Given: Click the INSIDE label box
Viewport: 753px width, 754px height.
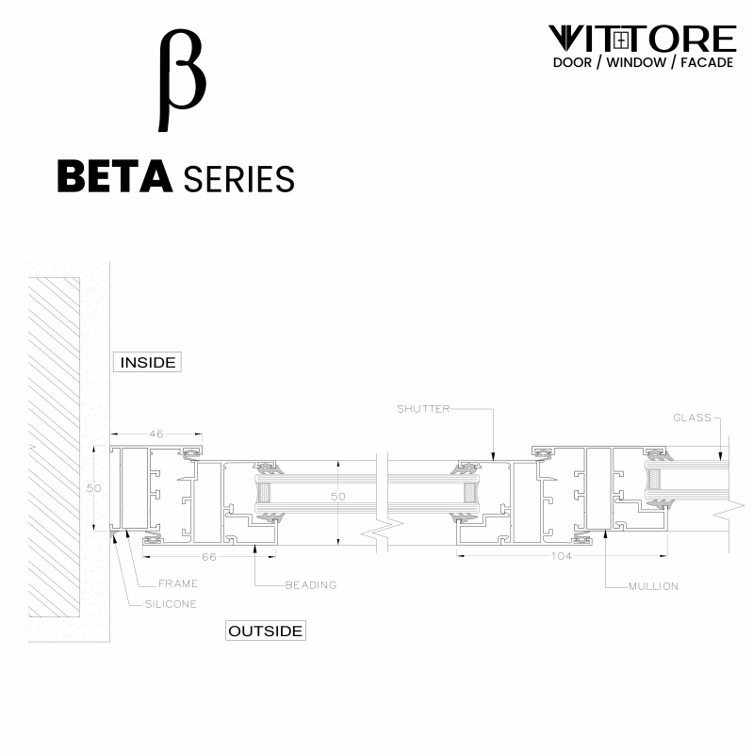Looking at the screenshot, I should (x=148, y=362).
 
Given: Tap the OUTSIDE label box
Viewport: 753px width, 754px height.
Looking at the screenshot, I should (x=266, y=631).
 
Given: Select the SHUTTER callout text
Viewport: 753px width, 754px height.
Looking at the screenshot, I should (x=423, y=409).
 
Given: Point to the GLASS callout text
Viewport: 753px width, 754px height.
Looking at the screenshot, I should (x=691, y=418).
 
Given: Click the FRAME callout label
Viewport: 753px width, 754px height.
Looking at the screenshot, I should (x=178, y=584).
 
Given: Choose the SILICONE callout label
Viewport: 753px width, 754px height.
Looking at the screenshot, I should (x=171, y=604).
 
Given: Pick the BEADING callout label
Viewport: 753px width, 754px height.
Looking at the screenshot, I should (x=311, y=585).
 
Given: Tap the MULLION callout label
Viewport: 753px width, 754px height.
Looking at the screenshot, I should (x=653, y=586).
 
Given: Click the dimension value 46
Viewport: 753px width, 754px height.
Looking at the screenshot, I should (x=156, y=434).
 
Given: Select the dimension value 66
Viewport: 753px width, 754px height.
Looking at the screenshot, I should (x=209, y=557).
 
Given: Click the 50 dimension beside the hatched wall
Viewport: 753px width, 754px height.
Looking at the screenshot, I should (x=93, y=488).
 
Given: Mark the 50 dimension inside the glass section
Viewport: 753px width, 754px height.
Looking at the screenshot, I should (x=337, y=496).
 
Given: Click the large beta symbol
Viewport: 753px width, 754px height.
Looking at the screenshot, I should (x=181, y=80).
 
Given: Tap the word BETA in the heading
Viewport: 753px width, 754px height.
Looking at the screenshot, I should (x=114, y=176).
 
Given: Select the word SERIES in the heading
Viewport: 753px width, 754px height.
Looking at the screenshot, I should (x=238, y=177).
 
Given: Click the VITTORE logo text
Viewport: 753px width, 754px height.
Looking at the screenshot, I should (x=642, y=39).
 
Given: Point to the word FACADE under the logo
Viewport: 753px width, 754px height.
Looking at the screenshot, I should (x=699, y=63).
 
